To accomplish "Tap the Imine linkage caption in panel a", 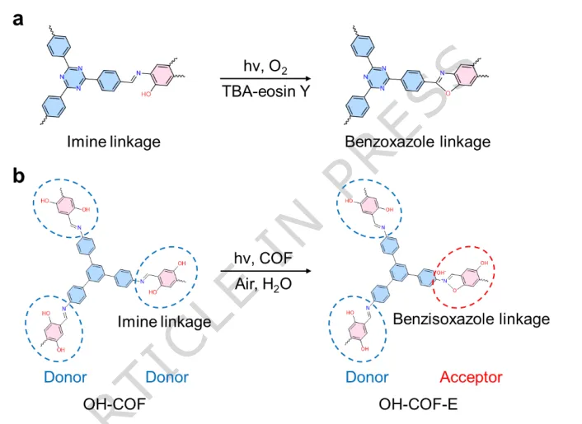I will point(114,142).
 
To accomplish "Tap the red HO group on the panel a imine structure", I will point(148,94).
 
